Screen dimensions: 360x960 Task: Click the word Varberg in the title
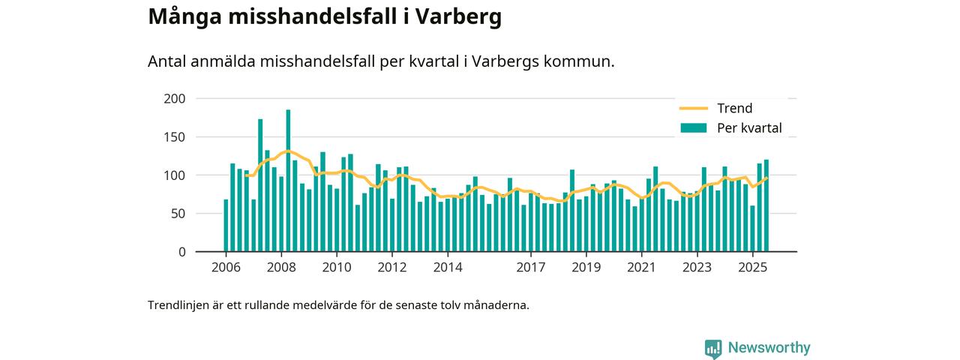click(x=454, y=16)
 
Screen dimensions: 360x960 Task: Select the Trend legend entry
click(x=734, y=108)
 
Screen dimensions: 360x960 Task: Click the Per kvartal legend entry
click(x=749, y=128)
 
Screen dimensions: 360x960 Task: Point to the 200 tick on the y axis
click(x=174, y=99)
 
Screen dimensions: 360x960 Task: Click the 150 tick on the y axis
click(x=174, y=137)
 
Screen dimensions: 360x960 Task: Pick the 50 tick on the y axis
click(x=177, y=214)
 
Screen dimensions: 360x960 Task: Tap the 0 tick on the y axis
click(x=181, y=252)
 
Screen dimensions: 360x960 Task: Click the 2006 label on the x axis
click(x=225, y=268)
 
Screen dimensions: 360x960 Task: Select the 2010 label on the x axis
click(x=336, y=268)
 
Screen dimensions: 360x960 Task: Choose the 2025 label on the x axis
click(x=752, y=268)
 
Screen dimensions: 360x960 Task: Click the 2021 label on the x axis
click(x=641, y=268)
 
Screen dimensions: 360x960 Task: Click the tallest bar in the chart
click(x=288, y=181)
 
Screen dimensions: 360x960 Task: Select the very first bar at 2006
click(x=226, y=225)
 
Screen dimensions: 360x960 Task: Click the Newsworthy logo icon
click(x=712, y=348)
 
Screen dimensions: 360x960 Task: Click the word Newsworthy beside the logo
click(x=769, y=348)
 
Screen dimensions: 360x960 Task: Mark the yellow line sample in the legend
click(x=693, y=108)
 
